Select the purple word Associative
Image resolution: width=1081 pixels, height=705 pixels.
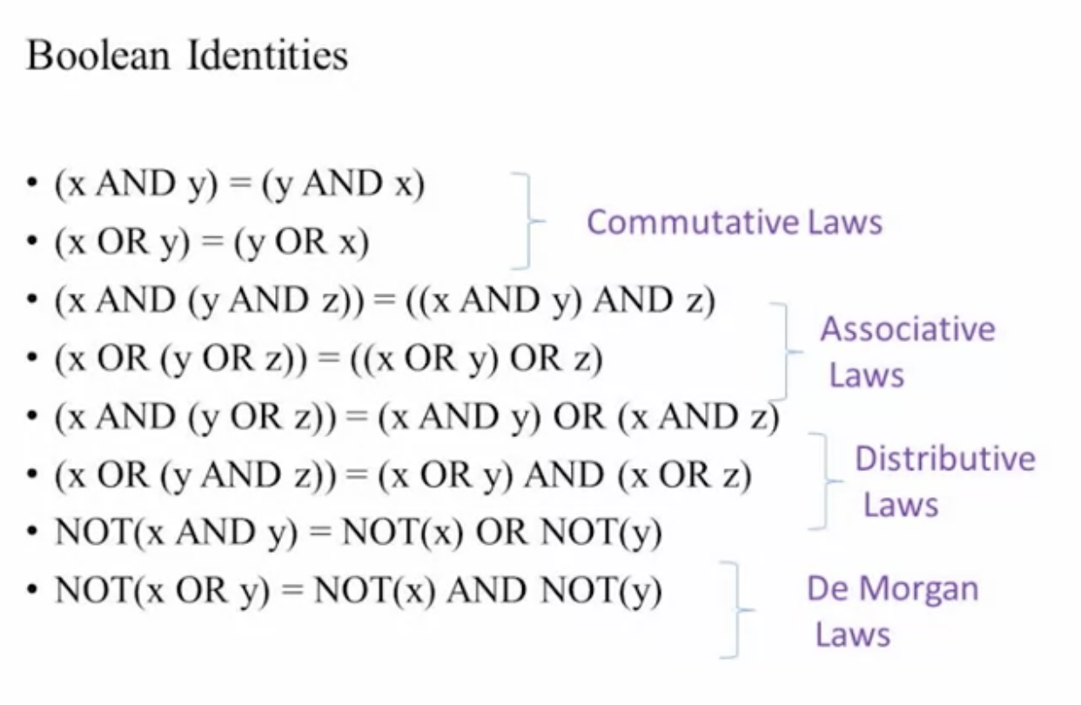pyautogui.click(x=907, y=329)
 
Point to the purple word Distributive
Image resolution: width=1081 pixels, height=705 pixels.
pyautogui.click(x=944, y=459)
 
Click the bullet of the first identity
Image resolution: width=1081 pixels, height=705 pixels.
pyautogui.click(x=33, y=185)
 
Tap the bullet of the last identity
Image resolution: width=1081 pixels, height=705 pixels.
pyautogui.click(x=33, y=592)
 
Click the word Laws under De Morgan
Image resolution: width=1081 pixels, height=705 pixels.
pyautogui.click(x=852, y=634)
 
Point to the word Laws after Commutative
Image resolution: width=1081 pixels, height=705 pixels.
pyautogui.click(x=843, y=222)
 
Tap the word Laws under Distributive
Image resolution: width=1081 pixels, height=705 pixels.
pyautogui.click(x=900, y=505)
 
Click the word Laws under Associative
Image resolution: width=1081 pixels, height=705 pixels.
pyautogui.click(x=866, y=375)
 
